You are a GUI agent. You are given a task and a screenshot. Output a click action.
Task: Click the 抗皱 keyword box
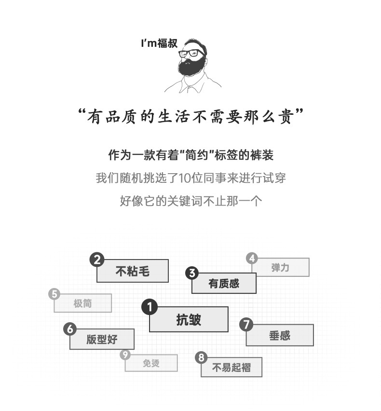(189, 319)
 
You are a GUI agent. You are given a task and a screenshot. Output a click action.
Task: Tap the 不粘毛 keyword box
(133, 271)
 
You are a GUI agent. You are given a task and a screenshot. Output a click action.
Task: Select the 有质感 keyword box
(224, 283)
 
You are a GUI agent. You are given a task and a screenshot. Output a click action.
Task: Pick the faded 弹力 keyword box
(280, 267)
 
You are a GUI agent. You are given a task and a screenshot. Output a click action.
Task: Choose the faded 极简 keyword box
(82, 303)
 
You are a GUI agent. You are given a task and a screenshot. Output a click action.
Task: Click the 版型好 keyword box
(102, 339)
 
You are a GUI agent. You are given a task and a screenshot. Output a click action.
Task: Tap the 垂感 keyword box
(280, 335)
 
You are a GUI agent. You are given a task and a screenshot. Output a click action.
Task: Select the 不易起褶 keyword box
(231, 368)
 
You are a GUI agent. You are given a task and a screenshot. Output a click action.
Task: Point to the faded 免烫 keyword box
(151, 363)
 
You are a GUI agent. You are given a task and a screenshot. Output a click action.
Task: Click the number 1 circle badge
(150, 307)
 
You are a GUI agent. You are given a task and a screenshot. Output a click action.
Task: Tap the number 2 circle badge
(97, 260)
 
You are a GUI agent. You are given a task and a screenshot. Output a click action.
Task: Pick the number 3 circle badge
(192, 274)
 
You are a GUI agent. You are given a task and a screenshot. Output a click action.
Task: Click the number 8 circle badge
(202, 357)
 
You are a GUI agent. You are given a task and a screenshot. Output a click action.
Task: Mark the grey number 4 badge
(252, 258)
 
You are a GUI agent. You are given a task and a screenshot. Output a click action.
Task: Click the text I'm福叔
(159, 43)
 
